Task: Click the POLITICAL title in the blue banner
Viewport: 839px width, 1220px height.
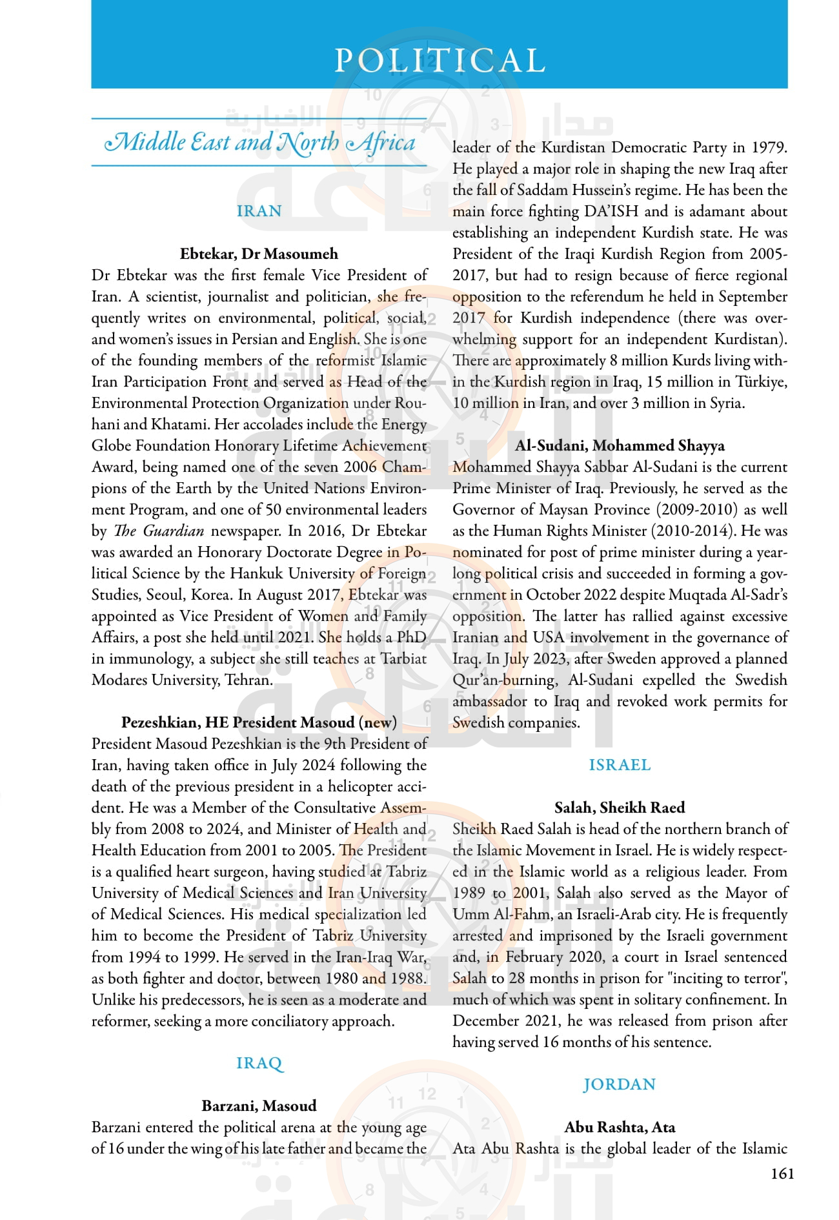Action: (440, 61)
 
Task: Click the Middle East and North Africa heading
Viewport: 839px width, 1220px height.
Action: (259, 143)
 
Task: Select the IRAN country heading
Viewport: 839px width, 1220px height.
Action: (259, 211)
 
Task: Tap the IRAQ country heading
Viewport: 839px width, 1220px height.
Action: (259, 1063)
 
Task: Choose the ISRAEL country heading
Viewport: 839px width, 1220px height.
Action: (620, 765)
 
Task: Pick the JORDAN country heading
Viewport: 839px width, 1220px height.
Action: (620, 1084)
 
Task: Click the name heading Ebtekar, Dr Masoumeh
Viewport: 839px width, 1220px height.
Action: (259, 254)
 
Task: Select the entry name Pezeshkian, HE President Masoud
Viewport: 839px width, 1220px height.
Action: (259, 722)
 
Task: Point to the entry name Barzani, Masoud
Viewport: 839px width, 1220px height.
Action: (259, 1106)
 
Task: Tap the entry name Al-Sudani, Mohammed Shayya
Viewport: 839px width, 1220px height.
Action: (620, 445)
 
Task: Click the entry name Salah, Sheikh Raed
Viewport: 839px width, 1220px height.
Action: (620, 808)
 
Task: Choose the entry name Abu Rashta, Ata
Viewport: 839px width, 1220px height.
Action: (620, 1127)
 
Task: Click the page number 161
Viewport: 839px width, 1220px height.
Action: (782, 1174)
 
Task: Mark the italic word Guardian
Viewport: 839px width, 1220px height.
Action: (173, 531)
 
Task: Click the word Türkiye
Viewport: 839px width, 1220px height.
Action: (762, 381)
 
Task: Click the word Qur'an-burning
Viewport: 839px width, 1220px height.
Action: (504, 680)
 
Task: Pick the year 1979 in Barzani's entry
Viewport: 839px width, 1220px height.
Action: (769, 147)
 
